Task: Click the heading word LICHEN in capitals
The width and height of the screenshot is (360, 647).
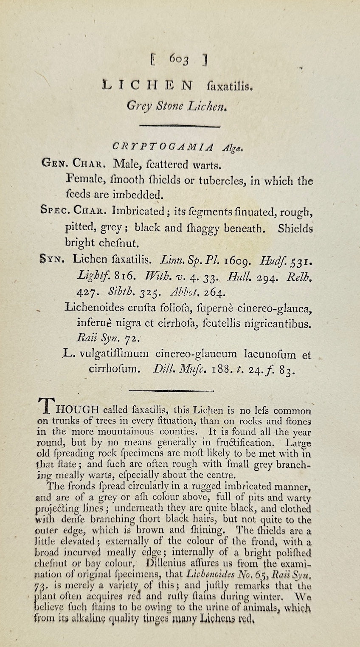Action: tap(147, 85)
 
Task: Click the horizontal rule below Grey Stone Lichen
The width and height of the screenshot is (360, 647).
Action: tap(180, 126)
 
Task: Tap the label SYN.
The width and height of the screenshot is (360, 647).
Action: tap(52, 258)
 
